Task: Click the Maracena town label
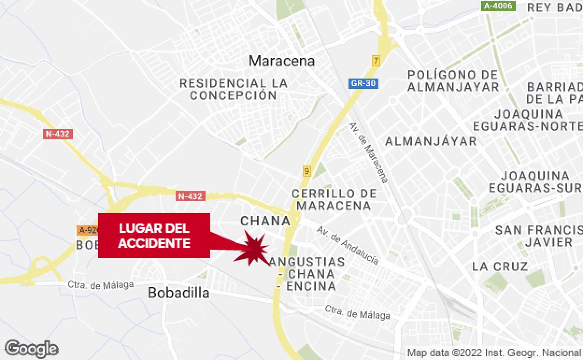[x=282, y=61]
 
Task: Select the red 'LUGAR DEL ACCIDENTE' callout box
[x=154, y=236]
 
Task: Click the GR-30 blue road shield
[x=363, y=84]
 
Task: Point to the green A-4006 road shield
[x=498, y=6]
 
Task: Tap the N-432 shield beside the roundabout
[x=191, y=196]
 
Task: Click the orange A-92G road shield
[x=88, y=230]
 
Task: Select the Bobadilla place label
[x=178, y=293]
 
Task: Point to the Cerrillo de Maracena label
[x=334, y=200]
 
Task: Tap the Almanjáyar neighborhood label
[x=430, y=141]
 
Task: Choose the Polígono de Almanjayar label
[x=453, y=81]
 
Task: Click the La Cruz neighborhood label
[x=500, y=267]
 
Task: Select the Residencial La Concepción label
[x=234, y=89]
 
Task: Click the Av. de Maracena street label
[x=369, y=152]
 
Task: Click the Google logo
[x=32, y=349]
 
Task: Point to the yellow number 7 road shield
[x=376, y=61]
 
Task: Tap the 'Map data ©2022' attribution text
[x=493, y=353]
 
